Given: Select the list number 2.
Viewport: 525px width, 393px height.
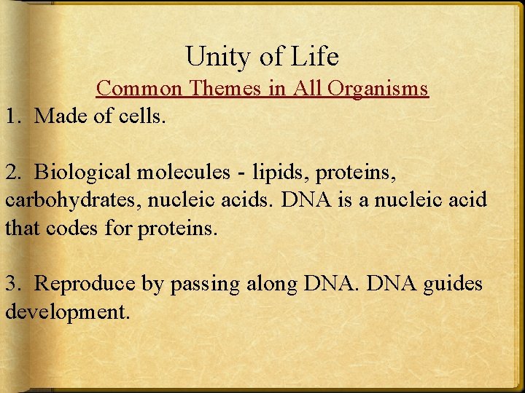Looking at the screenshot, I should coord(12,172).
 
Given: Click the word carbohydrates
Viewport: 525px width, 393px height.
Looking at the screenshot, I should coord(62,200).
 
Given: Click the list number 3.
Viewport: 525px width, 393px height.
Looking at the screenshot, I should coord(12,284).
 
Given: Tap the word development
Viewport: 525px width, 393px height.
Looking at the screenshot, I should coord(66,313).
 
